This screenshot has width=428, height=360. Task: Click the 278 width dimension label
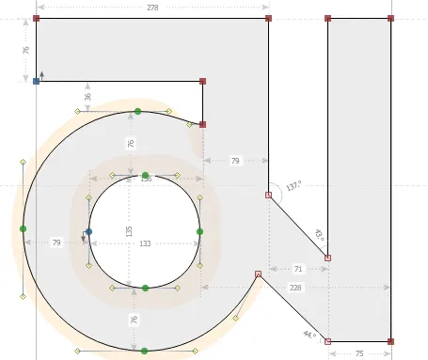point(152,8)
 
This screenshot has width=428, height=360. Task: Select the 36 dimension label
point(87,97)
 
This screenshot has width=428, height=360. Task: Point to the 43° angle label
point(318,234)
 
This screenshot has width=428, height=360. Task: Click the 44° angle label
point(309,334)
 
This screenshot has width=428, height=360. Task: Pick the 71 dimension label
point(298,269)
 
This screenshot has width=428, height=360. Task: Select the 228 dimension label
point(295,288)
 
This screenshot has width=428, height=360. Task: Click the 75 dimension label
point(358,352)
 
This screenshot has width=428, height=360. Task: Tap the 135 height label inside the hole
point(130,230)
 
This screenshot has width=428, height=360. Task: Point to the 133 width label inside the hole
point(144,243)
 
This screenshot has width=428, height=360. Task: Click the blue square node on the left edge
point(36,82)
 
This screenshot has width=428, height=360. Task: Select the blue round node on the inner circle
point(88,231)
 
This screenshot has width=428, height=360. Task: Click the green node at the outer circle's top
point(137,111)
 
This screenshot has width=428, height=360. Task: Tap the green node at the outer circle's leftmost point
point(23,228)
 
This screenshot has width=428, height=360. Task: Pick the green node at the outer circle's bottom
point(144,351)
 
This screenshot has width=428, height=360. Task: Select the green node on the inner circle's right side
point(199,230)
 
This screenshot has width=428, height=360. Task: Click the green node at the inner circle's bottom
point(145,288)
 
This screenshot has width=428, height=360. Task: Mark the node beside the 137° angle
point(268,196)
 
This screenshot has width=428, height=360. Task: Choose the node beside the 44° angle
point(327,340)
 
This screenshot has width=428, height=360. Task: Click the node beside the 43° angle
point(327,258)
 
